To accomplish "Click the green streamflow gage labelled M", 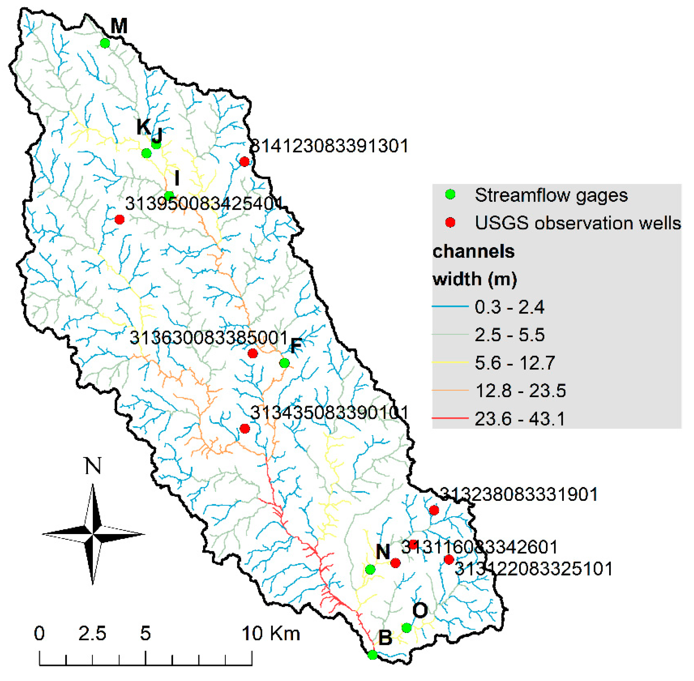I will tap(104, 43).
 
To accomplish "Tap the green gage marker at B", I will tap(372, 655).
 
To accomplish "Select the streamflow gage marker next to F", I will tap(284, 363).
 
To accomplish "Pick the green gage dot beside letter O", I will tap(406, 627).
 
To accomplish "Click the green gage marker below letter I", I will tap(169, 196).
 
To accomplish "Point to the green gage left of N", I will tap(370, 569).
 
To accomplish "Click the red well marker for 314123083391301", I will tap(244, 161).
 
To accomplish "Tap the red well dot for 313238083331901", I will tap(434, 510).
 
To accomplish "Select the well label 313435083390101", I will tap(329, 412).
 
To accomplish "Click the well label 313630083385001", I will tap(209, 337).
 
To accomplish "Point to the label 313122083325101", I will tap(533, 568).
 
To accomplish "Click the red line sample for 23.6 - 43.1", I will tap(450, 418).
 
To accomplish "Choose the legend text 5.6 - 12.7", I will tap(515, 363).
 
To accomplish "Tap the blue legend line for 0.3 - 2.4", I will tap(450, 306).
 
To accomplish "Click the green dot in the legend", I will tap(450, 195).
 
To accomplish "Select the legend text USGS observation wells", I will tap(577, 223).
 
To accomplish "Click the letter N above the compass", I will tap(93, 466).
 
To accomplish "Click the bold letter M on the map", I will tap(119, 26).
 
